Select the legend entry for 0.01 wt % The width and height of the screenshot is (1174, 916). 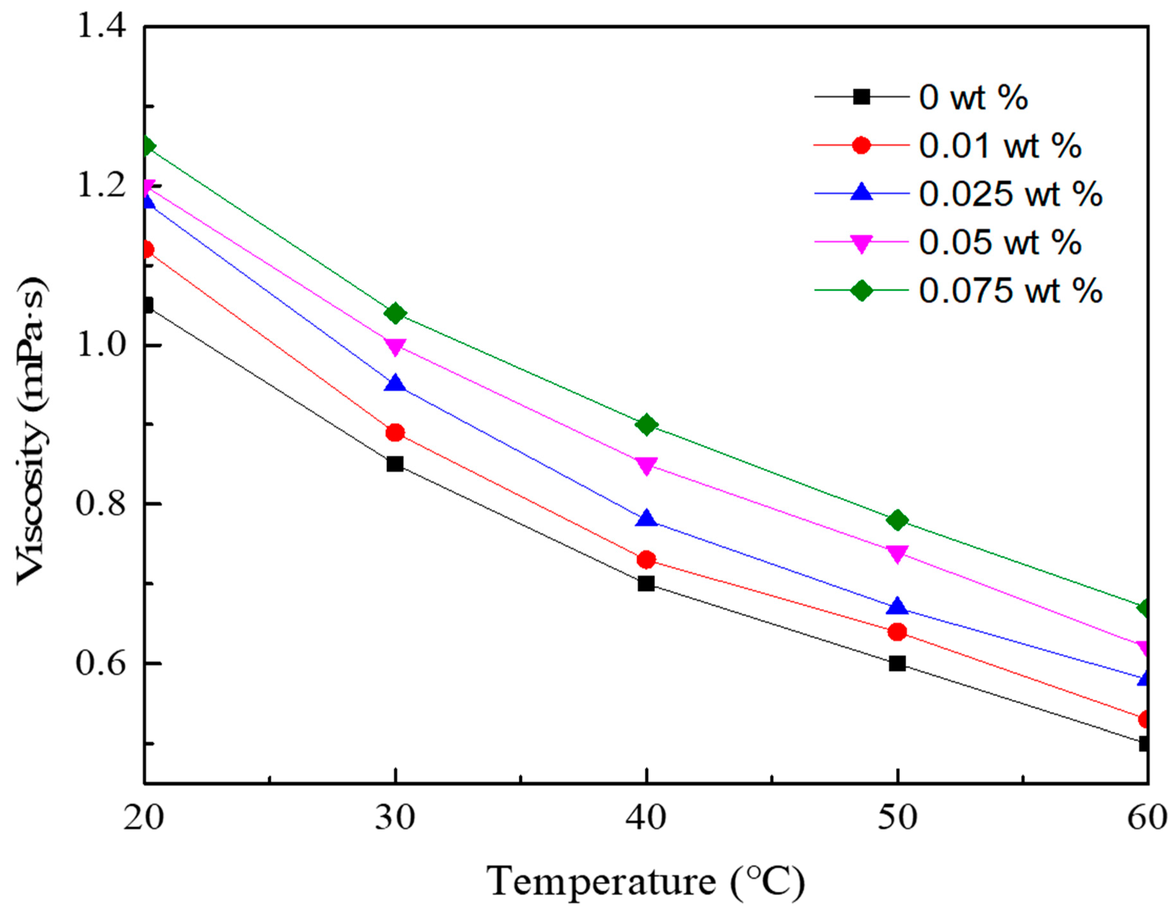pyautogui.click(x=1000, y=146)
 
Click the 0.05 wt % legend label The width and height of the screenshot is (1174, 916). pyautogui.click(x=1000, y=243)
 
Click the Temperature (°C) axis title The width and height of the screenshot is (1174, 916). pyautogui.click(x=645, y=882)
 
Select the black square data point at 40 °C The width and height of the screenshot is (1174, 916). pyautogui.click(x=646, y=583)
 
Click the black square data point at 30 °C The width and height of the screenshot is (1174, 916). pyautogui.click(x=395, y=464)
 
